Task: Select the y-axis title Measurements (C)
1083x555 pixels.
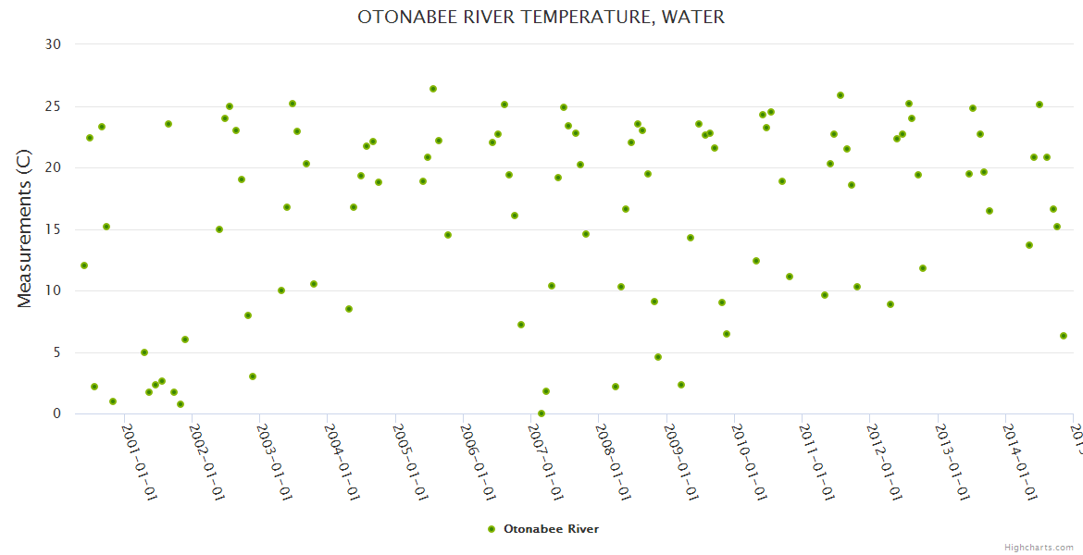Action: coord(25,229)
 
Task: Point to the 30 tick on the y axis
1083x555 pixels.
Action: coord(53,44)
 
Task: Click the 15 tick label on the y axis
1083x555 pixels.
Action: coord(53,229)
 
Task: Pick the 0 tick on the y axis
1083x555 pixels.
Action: coord(56,414)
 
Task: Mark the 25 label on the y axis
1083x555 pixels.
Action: coord(53,106)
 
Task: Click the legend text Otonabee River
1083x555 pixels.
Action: coord(551,529)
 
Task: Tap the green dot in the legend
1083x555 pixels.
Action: coord(492,529)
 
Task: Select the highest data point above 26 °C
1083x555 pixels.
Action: coord(432,89)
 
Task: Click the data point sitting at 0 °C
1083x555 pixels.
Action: coord(541,413)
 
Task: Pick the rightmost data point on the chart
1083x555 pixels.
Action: coord(1064,336)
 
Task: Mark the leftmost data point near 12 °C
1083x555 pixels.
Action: coord(84,265)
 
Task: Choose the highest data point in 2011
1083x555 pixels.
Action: coord(840,95)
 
